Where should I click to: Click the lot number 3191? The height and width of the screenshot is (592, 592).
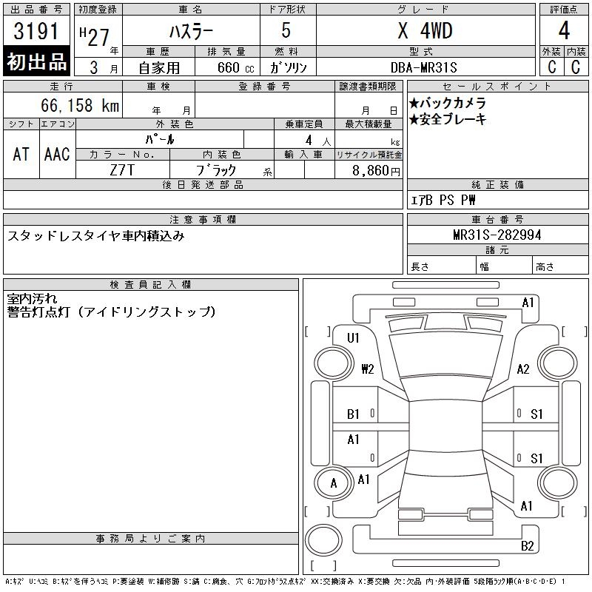(36, 31)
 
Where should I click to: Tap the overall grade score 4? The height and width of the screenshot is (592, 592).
(564, 30)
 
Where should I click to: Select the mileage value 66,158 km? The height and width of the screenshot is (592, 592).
(80, 105)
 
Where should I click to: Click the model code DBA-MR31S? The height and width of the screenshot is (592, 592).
(424, 67)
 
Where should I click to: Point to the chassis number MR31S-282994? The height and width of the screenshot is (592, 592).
(497, 235)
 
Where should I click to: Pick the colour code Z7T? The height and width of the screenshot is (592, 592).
(122, 170)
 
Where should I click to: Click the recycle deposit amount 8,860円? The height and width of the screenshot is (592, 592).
(376, 171)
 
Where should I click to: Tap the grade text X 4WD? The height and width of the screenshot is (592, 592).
(425, 30)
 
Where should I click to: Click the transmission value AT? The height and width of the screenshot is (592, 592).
(21, 154)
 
